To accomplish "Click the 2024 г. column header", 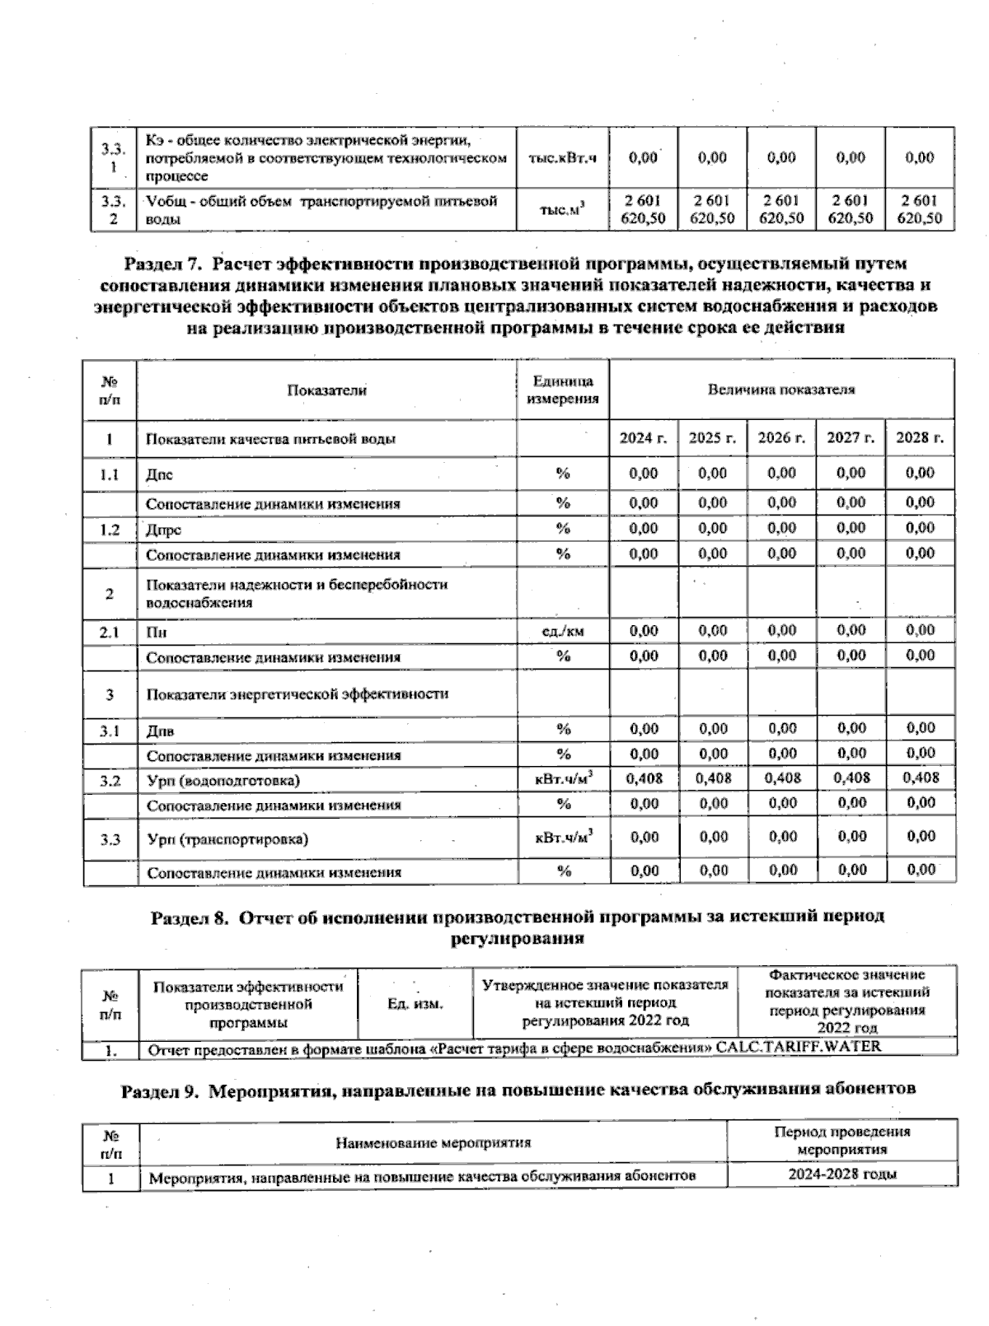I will click(x=643, y=439).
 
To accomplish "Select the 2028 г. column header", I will click(x=920, y=439).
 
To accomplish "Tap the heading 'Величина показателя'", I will click(x=781, y=390).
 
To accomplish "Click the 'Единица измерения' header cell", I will click(x=563, y=390).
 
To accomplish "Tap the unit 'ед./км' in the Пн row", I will click(x=563, y=632).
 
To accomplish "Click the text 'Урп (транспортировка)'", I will click(x=227, y=839).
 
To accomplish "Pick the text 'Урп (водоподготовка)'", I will click(x=223, y=780).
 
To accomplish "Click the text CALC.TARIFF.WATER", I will click(x=799, y=1048).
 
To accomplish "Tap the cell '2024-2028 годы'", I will click(x=841, y=1174).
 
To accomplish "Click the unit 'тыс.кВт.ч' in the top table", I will click(x=563, y=158).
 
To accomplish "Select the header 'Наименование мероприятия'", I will click(x=433, y=1142).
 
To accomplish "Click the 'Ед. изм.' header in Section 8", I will click(x=415, y=1004).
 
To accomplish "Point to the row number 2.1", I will click(x=110, y=633).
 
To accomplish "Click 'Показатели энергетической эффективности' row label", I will click(x=298, y=694).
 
